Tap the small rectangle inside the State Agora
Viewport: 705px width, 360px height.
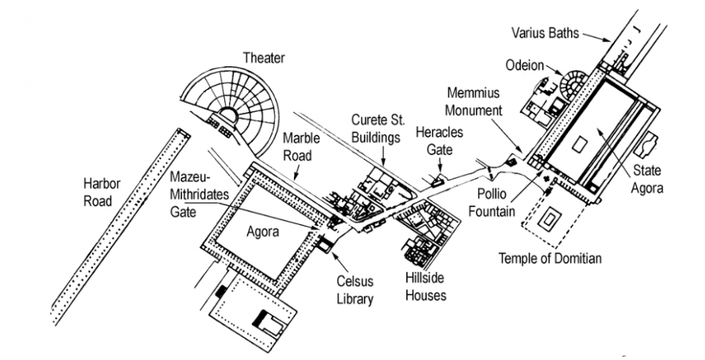tap(577, 145)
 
